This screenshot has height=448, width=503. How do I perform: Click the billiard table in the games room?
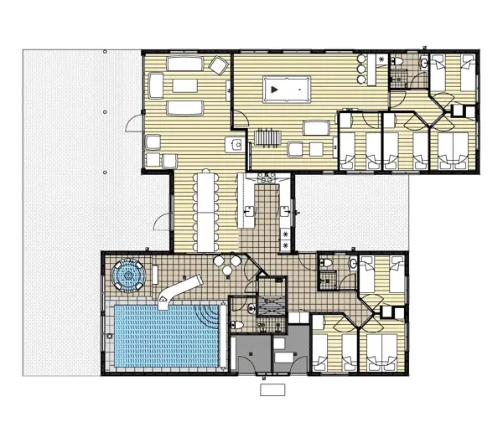pos(286,87)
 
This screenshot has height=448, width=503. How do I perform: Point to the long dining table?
pos(204,209)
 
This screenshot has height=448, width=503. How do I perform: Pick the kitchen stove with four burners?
pos(266,177)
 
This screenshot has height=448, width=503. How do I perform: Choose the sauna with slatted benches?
pos(270,305)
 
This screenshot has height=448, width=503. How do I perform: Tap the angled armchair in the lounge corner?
pos(220,65)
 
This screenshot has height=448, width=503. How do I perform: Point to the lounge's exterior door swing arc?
pos(133,126)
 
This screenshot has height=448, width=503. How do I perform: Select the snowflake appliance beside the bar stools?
pos(381,59)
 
